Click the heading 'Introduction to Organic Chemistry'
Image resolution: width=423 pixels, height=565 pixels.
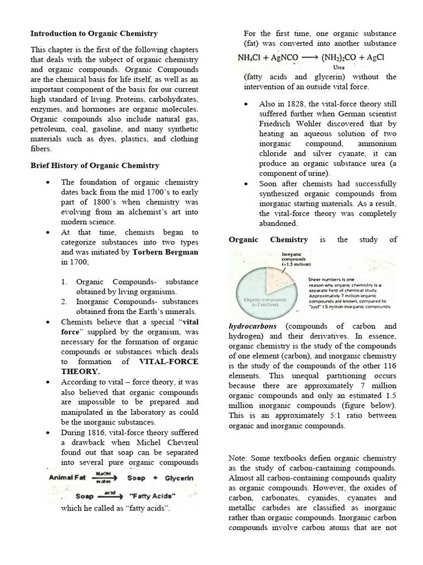coord(94,34)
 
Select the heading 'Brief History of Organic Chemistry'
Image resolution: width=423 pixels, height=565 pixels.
coord(95,165)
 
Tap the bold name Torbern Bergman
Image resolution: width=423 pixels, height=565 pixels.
coord(165,252)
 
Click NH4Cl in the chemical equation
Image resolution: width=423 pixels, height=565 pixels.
coord(250,57)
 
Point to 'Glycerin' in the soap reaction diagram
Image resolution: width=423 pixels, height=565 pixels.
coord(177,478)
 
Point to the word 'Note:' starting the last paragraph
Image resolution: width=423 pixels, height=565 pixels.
coord(240,458)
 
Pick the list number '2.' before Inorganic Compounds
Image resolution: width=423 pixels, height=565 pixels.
coord(64,301)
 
